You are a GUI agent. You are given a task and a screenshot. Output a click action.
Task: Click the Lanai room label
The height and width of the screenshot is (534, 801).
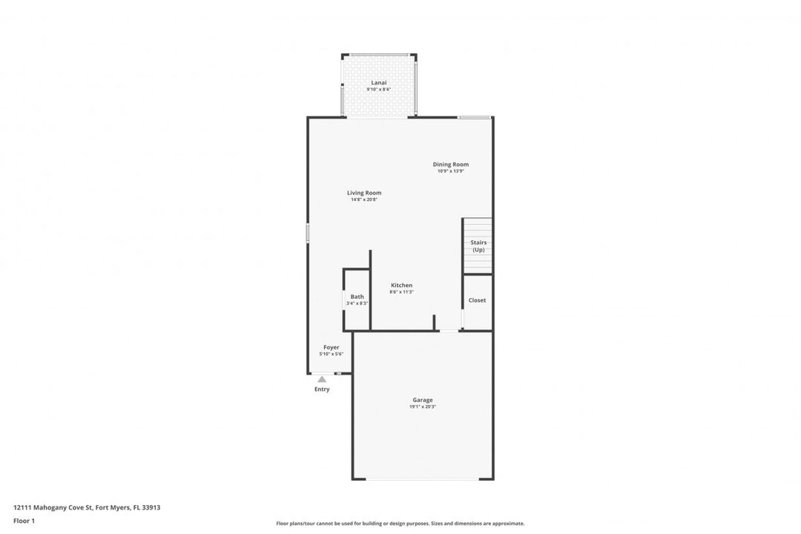point(378,82)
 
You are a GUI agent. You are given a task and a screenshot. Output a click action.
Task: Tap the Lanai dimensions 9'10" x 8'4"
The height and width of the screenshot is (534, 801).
point(378,90)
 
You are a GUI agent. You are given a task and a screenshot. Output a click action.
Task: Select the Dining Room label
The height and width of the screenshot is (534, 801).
point(451,165)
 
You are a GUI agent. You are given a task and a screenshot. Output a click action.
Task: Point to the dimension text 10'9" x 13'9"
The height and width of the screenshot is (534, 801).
point(451,171)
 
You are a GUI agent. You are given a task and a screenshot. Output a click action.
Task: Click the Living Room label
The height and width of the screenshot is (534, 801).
point(364,193)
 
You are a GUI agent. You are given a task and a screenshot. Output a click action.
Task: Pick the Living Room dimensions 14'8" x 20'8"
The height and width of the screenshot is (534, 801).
point(364,200)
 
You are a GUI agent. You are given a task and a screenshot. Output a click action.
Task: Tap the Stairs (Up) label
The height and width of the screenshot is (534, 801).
point(478,246)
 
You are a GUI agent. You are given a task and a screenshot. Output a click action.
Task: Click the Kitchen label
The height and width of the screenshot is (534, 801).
point(401,285)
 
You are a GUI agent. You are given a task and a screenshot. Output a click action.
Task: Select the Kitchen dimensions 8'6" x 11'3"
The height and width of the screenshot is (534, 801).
point(401,292)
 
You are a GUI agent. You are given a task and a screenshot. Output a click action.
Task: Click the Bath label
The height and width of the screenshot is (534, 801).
point(357,297)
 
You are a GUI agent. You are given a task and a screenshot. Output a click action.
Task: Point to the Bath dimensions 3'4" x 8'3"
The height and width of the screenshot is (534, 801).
point(357,303)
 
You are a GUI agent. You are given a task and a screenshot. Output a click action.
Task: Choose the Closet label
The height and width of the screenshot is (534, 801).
point(477,300)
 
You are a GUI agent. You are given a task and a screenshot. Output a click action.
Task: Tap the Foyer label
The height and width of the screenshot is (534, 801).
point(331,348)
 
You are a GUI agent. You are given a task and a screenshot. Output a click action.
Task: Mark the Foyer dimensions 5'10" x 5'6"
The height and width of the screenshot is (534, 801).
point(331,354)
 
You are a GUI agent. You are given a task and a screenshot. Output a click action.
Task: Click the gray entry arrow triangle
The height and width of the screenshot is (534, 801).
point(322,379)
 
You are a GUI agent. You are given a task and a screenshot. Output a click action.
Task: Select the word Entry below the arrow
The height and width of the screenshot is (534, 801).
point(322,389)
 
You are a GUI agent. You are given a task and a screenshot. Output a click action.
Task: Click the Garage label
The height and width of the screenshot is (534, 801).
point(423,400)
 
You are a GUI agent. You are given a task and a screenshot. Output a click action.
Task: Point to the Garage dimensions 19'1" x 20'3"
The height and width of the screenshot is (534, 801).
point(423,407)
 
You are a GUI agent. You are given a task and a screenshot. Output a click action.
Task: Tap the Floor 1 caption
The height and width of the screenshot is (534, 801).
point(24,521)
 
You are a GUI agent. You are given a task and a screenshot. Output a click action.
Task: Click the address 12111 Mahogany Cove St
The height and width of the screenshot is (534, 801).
point(53,508)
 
